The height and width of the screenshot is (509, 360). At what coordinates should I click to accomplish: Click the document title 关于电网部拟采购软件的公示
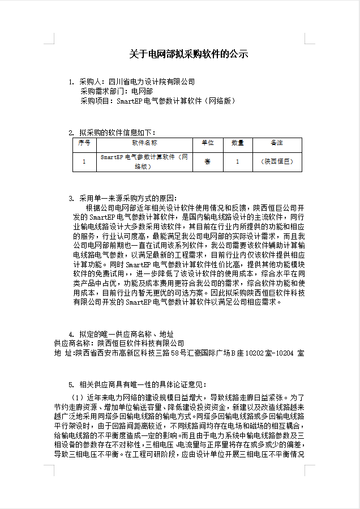(188, 54)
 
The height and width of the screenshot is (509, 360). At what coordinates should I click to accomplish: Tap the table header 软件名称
(144, 143)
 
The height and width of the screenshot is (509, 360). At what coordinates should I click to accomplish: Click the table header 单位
(207, 143)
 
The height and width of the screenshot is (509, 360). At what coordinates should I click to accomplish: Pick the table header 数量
(238, 143)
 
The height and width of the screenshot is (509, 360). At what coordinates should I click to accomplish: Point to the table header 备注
(277, 143)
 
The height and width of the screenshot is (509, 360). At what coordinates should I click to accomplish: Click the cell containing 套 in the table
(207, 162)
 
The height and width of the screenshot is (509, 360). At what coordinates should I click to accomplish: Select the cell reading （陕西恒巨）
(277, 162)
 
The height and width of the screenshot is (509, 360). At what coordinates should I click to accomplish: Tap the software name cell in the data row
(144, 162)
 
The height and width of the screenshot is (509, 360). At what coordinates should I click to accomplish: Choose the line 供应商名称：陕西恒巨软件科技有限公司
(119, 343)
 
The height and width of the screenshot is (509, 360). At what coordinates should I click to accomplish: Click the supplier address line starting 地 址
(179, 353)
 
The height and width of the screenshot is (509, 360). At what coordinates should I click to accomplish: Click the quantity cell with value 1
(238, 162)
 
